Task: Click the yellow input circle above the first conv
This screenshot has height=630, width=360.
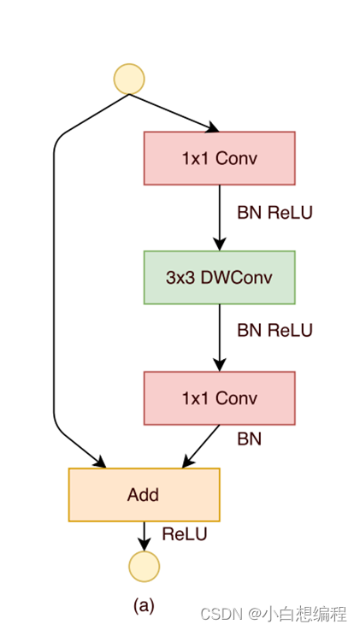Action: (129, 79)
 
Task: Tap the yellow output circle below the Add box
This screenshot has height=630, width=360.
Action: (145, 567)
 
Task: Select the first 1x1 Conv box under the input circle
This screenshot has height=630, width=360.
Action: (220, 158)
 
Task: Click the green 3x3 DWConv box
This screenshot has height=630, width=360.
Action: (220, 278)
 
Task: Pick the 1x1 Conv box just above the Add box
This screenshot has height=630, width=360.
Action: (220, 398)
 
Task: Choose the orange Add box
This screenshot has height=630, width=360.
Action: (145, 495)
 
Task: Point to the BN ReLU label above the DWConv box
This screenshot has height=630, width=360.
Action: (274, 213)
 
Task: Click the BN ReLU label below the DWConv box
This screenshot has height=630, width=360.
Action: (274, 330)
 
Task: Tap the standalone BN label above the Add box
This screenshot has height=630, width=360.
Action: (250, 439)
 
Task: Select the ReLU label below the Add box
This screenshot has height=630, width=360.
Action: (185, 534)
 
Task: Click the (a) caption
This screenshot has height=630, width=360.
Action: (144, 605)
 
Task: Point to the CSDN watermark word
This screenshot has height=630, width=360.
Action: (221, 614)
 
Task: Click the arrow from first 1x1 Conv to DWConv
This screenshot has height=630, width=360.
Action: (220, 218)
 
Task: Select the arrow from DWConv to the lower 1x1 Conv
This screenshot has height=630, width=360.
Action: (220, 338)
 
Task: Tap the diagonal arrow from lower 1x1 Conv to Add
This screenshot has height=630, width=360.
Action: (201, 446)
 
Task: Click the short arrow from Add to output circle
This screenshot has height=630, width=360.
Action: (145, 536)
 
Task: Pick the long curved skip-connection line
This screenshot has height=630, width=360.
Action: (54, 281)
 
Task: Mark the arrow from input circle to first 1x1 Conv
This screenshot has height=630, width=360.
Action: (174, 113)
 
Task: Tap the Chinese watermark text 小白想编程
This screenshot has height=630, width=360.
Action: (304, 614)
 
